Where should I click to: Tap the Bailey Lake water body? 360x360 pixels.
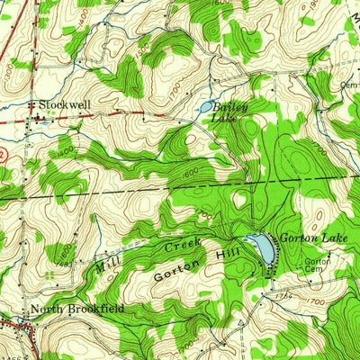point(206,106)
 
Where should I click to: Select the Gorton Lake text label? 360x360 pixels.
point(308,238)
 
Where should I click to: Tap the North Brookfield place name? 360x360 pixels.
point(76,310)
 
